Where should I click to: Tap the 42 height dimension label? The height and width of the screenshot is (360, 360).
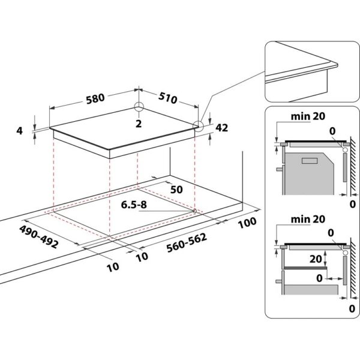pyautogui.click(x=221, y=128)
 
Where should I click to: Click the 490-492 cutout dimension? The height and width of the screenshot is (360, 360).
pyautogui.click(x=38, y=233)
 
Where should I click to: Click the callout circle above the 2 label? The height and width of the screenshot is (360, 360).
pyautogui.click(x=139, y=107)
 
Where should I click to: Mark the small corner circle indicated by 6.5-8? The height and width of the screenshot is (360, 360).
pyautogui.click(x=196, y=211)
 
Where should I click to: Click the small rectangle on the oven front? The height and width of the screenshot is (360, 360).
pyautogui.click(x=310, y=161)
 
